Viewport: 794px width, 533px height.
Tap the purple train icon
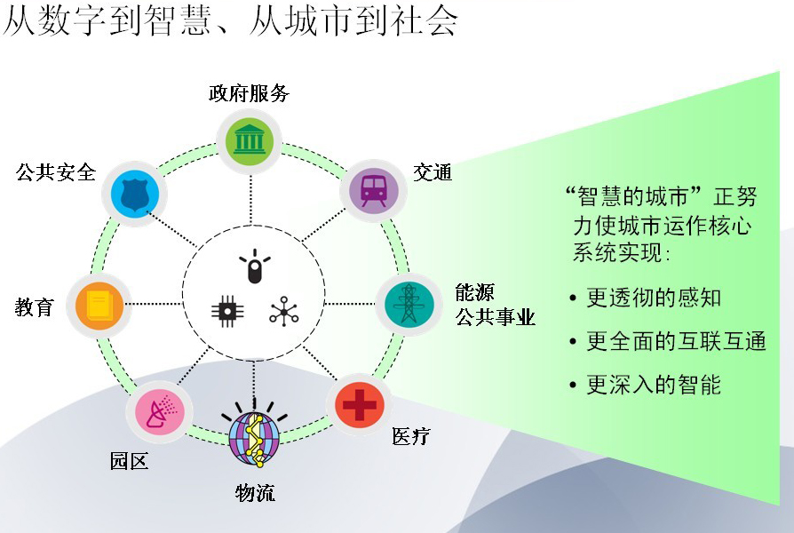374,191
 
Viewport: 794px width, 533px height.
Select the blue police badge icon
134,194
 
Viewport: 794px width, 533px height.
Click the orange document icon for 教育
99,306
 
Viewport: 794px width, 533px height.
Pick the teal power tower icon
409,304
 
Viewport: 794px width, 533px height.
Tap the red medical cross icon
360,405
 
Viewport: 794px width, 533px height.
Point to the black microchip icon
226,310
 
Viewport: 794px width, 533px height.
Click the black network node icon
283,311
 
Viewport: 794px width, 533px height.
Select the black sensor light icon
254,266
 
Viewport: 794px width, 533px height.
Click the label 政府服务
250,94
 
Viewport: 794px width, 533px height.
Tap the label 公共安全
56,172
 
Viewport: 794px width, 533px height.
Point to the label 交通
433,172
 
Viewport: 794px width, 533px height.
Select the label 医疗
410,435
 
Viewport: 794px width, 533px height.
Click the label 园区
129,461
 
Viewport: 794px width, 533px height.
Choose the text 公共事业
495,317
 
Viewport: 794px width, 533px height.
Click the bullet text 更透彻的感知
653,298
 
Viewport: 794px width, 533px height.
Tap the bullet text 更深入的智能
653,385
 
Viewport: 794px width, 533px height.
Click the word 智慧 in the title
178,20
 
